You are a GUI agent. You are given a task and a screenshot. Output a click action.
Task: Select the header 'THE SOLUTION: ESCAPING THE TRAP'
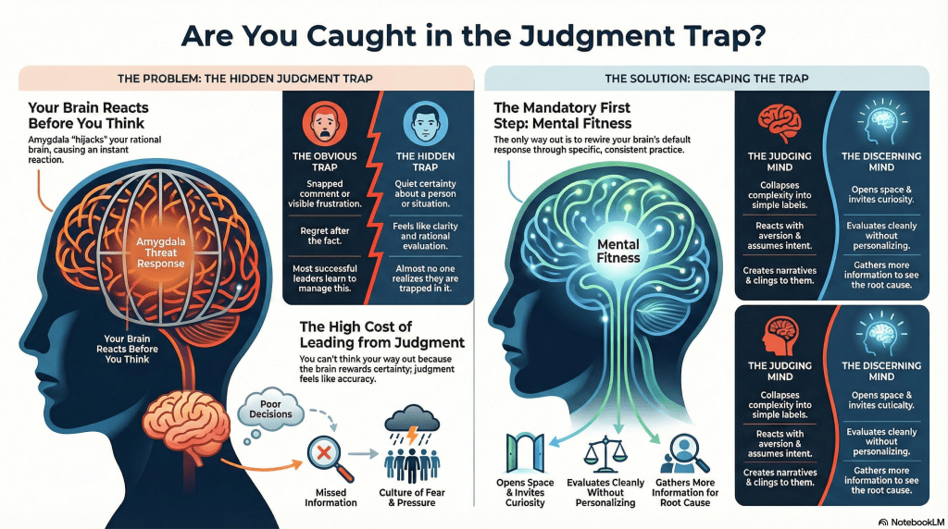(706, 79)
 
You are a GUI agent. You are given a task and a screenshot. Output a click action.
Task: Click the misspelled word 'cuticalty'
(887, 405)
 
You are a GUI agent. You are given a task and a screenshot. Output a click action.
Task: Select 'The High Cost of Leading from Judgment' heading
(381, 335)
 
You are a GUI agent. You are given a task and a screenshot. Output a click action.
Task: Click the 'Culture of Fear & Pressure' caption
(412, 498)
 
